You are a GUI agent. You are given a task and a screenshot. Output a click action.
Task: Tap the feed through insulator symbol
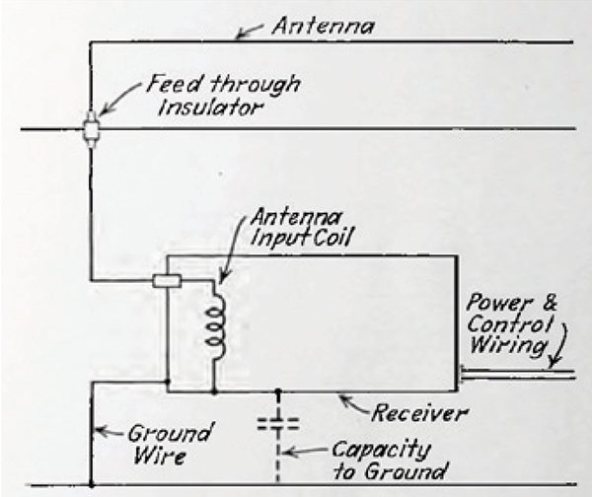pos(90,128)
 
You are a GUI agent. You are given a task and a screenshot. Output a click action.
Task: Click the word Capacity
pos(381,450)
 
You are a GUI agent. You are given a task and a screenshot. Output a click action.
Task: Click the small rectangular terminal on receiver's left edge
pos(166,281)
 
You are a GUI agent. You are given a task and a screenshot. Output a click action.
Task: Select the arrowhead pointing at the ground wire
pos(97,429)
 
